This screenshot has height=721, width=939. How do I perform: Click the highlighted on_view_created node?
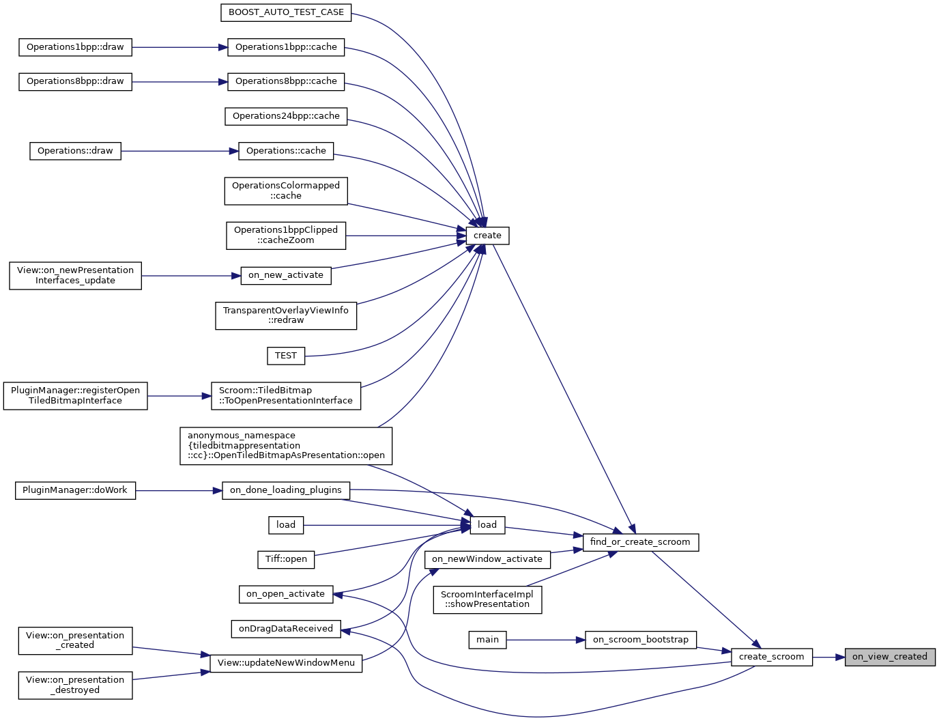890,657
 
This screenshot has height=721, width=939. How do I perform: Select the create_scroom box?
771,657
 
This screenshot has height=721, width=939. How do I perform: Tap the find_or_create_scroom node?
640,542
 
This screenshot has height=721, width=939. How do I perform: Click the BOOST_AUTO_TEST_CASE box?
286,12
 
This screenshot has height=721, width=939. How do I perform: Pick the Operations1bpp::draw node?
75,47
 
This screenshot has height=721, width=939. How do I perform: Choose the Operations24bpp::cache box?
286,116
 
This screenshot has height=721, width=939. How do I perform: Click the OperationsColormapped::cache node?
286,190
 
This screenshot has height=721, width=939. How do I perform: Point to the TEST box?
285,356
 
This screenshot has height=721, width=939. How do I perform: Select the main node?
487,640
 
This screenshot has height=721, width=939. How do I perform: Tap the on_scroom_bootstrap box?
641,640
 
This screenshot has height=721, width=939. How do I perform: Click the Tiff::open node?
286,559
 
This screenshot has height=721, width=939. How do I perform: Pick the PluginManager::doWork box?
75,490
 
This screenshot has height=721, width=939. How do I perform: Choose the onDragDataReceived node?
285,629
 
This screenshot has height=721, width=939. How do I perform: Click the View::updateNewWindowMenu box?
286,663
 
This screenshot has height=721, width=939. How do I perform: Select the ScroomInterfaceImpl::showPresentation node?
487,599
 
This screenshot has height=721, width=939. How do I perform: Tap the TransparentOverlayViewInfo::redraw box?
286,315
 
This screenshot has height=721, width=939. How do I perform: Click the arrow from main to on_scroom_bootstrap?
546,640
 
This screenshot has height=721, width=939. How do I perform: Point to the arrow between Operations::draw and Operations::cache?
179,151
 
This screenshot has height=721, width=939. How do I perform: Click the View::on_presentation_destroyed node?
75,685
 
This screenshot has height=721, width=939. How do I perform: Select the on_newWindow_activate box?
487,559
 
